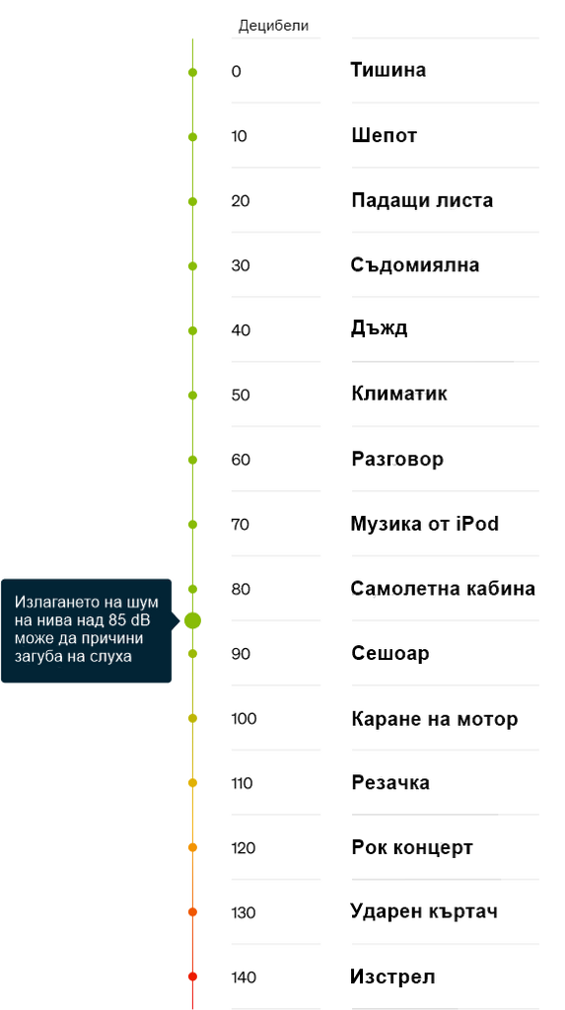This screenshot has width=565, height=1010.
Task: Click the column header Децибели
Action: tap(273, 26)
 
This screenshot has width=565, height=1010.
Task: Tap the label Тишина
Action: tap(388, 70)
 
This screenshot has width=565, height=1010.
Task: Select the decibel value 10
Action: tap(239, 136)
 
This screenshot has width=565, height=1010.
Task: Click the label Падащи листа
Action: tap(422, 200)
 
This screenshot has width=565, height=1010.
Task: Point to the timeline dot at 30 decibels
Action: tap(192, 266)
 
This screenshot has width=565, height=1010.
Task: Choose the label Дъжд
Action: tap(379, 328)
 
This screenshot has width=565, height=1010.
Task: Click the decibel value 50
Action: tap(241, 396)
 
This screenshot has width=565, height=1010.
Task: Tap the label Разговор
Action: tap(396, 460)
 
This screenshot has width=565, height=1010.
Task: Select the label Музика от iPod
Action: tap(425, 524)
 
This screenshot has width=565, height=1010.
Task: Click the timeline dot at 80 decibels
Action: tap(192, 589)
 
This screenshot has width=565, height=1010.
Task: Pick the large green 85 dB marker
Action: tap(192, 621)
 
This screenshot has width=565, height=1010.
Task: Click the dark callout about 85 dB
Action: tap(87, 630)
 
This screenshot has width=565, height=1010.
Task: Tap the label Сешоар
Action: tap(389, 653)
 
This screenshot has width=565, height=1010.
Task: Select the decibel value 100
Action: tap(244, 719)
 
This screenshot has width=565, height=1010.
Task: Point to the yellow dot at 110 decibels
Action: tap(192, 782)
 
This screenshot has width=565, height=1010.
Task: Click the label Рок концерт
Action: tap(411, 847)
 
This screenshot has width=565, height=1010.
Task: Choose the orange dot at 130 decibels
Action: tap(192, 912)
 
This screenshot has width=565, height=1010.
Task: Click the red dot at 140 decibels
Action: tap(192, 976)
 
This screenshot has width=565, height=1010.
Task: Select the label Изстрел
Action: tap(392, 976)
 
